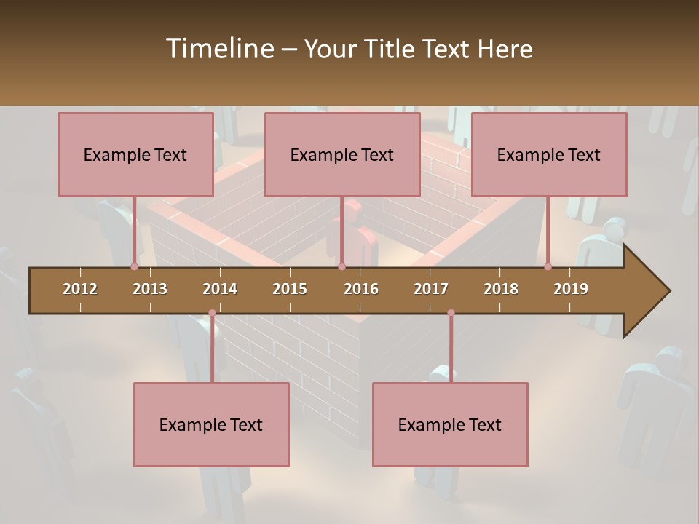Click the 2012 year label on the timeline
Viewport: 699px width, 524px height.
80,289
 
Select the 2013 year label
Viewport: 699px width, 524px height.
150,289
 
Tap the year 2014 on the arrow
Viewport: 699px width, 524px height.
220,289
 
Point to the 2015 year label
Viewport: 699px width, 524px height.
290,289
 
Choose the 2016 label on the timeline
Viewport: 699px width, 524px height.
361,289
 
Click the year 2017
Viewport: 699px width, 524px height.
431,289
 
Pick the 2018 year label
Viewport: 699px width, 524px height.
501,289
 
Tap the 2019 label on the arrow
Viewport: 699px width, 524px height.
571,289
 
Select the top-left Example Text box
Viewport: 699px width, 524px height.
135,154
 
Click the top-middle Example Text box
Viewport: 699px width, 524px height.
342,154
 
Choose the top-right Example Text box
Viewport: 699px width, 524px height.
549,154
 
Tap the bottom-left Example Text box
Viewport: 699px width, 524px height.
211,424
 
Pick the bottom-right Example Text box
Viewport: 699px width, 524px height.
450,424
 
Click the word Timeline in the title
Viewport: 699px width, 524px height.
219,49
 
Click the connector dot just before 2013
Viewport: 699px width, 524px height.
134,266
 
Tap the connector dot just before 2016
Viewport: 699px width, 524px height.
341,266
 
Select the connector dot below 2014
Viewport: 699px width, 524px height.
212,313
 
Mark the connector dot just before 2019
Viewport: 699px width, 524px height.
548,266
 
